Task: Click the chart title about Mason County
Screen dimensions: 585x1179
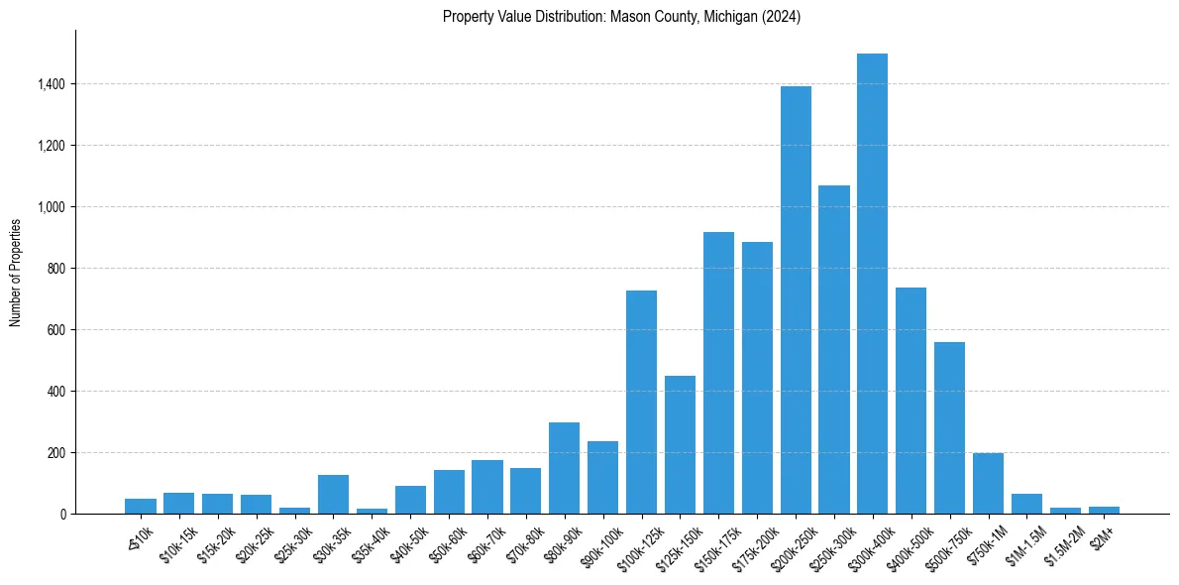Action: pyautogui.click(x=621, y=17)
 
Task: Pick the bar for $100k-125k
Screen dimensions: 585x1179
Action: pyautogui.click(x=641, y=402)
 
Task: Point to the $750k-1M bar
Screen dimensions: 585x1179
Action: pyautogui.click(x=988, y=483)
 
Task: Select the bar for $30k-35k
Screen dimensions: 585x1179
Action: pyautogui.click(x=333, y=494)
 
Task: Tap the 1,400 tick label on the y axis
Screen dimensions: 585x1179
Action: pyautogui.click(x=51, y=84)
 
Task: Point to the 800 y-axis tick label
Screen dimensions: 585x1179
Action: pyautogui.click(x=56, y=269)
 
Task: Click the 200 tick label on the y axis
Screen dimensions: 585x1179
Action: pyautogui.click(x=56, y=453)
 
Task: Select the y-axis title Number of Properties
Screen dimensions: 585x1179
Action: pyautogui.click(x=16, y=272)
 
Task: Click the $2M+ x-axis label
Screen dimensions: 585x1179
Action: pyautogui.click(x=1101, y=534)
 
